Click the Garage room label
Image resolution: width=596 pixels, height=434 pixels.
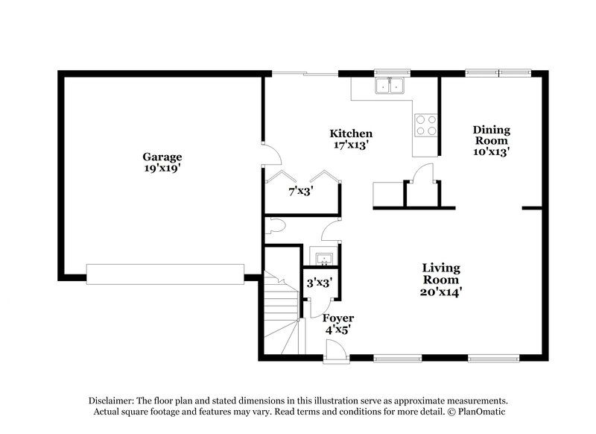pyautogui.click(x=162, y=163)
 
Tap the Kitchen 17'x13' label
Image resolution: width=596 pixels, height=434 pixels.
pyautogui.click(x=351, y=139)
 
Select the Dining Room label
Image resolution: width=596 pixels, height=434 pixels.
pyautogui.click(x=491, y=140)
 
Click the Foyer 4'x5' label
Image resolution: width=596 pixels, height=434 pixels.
pyautogui.click(x=338, y=324)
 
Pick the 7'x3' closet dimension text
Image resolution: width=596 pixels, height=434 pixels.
pyautogui.click(x=301, y=191)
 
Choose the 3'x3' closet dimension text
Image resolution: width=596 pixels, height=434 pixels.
pyautogui.click(x=319, y=283)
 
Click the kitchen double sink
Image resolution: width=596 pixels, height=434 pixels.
pyautogui.click(x=391, y=87)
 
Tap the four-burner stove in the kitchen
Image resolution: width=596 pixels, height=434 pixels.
pyautogui.click(x=425, y=125)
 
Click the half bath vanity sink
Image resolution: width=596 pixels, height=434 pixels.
pyautogui.click(x=324, y=259)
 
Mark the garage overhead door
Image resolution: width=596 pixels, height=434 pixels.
pyautogui.click(x=165, y=274)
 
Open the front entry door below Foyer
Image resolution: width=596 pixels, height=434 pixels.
pyautogui.click(x=337, y=350)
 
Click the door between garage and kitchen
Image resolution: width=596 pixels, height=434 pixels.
pyautogui.click(x=270, y=154)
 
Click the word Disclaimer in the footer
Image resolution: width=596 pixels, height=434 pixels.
pyautogui.click(x=114, y=400)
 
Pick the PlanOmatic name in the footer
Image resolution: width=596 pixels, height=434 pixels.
pyautogui.click(x=481, y=412)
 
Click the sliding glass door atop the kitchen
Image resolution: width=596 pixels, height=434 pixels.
pyautogui.click(x=304, y=72)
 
